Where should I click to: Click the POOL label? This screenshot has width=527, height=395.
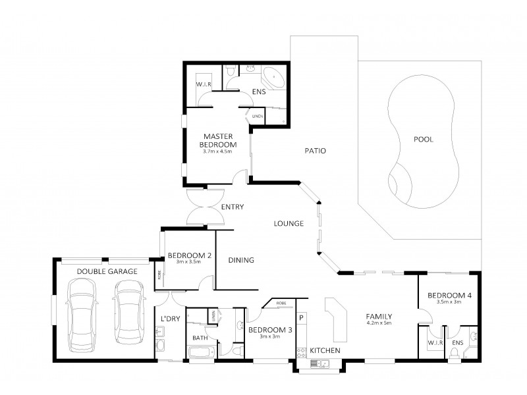click(x=423, y=140)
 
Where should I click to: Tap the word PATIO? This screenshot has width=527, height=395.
click(x=316, y=151)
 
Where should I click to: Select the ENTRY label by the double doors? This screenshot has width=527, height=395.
click(x=233, y=207)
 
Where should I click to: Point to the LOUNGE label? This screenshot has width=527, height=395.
click(x=289, y=224)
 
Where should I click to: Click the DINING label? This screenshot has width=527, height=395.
click(x=241, y=260)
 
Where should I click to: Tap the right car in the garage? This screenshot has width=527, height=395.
click(x=126, y=312)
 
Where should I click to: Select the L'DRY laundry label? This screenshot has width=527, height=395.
click(x=170, y=319)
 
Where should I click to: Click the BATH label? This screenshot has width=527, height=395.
click(x=200, y=338)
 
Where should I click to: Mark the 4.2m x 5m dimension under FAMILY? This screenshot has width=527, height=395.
click(x=379, y=323)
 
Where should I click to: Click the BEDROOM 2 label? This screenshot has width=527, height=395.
click(x=189, y=255)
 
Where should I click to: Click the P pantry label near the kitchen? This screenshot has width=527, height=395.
click(x=302, y=317)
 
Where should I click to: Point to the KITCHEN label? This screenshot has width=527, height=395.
click(x=325, y=350)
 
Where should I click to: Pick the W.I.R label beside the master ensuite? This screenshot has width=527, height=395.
click(x=203, y=86)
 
